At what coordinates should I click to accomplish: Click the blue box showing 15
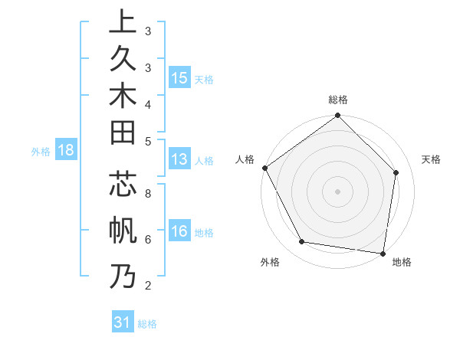[179, 78]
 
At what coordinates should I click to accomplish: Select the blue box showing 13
[179, 160]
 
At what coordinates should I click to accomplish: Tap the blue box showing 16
[179, 232]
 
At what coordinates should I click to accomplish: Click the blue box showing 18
[66, 151]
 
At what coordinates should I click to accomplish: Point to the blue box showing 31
[123, 322]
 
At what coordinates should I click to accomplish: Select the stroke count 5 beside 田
[147, 141]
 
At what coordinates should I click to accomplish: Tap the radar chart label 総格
[337, 100]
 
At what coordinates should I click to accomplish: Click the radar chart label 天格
[431, 159]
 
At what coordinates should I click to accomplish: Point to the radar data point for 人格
[265, 168]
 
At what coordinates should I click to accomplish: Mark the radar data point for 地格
[383, 252]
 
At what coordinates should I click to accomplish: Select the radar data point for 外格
[302, 242]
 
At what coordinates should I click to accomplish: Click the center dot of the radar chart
[337, 191]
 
